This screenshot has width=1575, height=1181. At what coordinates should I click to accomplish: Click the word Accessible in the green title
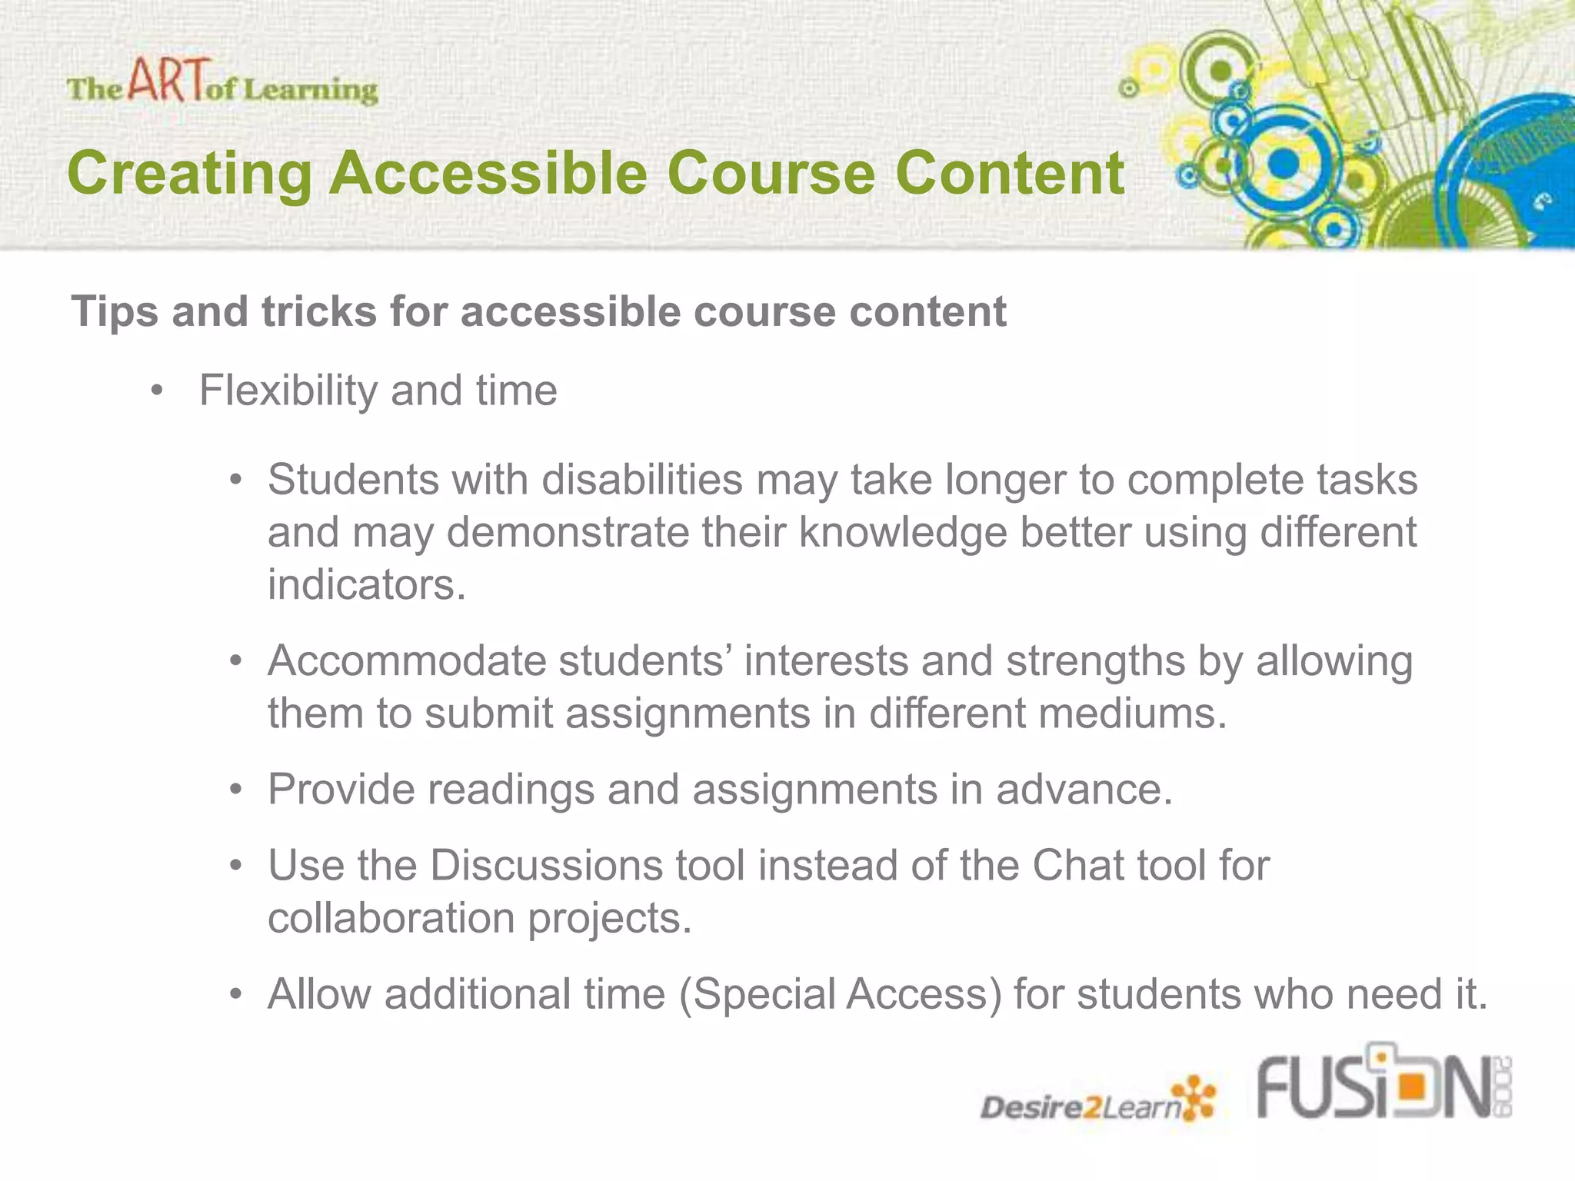488,173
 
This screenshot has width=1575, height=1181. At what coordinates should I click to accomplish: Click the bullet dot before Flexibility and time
158,391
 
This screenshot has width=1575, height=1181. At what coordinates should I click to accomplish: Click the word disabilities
642,480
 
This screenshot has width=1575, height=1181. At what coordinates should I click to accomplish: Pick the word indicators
367,584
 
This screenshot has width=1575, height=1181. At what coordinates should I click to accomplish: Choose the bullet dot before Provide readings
236,790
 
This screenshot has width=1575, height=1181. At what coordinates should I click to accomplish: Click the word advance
1084,790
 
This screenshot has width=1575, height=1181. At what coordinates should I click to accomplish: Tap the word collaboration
391,918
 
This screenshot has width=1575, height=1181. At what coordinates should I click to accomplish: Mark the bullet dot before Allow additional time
236,995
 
